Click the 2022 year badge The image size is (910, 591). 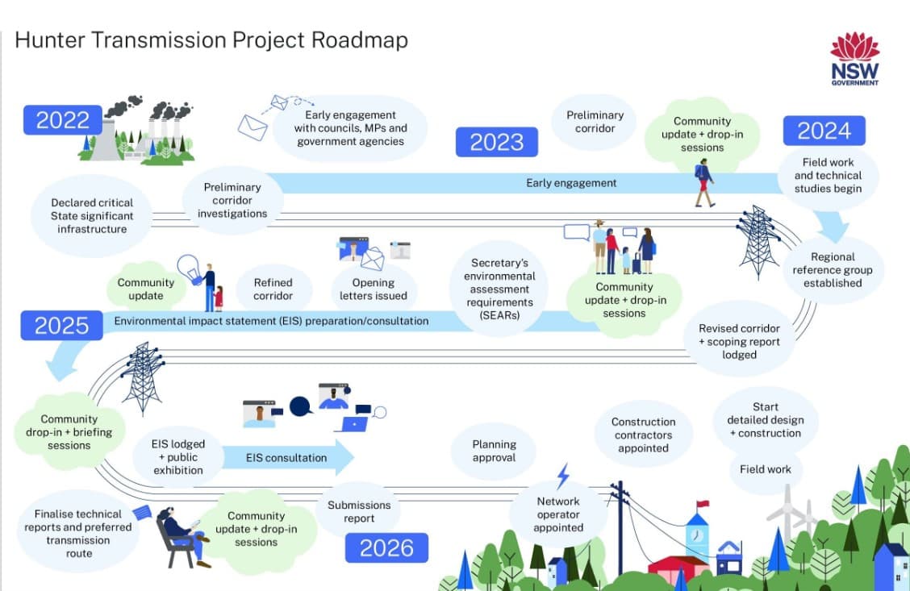click(x=63, y=119)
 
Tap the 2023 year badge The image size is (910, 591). click(x=497, y=142)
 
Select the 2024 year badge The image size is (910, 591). click(x=824, y=131)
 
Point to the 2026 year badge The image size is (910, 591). click(x=386, y=548)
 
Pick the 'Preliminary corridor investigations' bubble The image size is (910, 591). click(x=232, y=200)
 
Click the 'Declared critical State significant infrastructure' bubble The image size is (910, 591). click(x=92, y=216)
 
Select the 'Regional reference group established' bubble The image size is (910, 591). click(x=832, y=270)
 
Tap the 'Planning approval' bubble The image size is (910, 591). click(x=494, y=451)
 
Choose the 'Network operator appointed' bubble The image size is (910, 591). click(x=558, y=514)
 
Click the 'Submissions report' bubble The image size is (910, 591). click(x=359, y=511)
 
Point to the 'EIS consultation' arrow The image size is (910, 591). click(x=288, y=458)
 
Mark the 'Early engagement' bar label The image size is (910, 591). click(x=571, y=183)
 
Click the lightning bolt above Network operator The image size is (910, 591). click(x=563, y=475)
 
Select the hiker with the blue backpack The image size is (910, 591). click(x=704, y=182)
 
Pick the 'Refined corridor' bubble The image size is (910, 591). click(x=273, y=289)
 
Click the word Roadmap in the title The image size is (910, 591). click(x=361, y=40)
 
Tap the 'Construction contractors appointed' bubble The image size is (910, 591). click(x=643, y=435)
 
